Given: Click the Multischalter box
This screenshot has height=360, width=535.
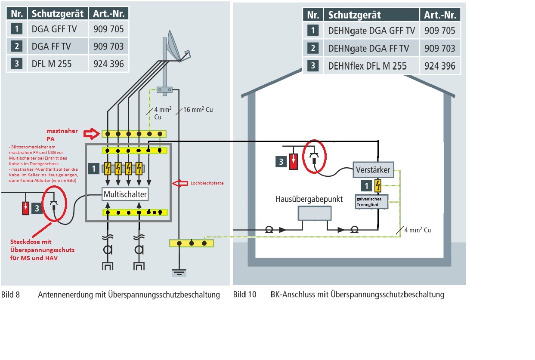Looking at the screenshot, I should click(125, 194).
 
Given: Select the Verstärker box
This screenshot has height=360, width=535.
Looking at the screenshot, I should click(373, 169).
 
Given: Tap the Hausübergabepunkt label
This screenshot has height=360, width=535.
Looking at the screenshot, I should click(309, 200).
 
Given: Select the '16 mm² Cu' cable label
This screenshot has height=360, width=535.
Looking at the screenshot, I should click(198, 110).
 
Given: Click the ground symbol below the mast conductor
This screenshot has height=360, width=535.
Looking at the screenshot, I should click(178, 272).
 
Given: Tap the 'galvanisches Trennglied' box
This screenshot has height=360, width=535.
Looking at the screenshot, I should click(371, 201).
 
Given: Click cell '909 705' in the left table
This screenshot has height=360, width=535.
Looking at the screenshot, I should click(108, 29).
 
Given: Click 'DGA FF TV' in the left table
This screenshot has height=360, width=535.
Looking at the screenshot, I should click(52, 46).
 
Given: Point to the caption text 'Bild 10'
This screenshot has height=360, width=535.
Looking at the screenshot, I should click(244, 295).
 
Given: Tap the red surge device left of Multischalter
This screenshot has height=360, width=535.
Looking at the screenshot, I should click(26, 209).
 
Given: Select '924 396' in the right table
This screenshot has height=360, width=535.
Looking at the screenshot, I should click(440, 66).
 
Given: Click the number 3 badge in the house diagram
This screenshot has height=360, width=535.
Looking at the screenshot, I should click(281, 162).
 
